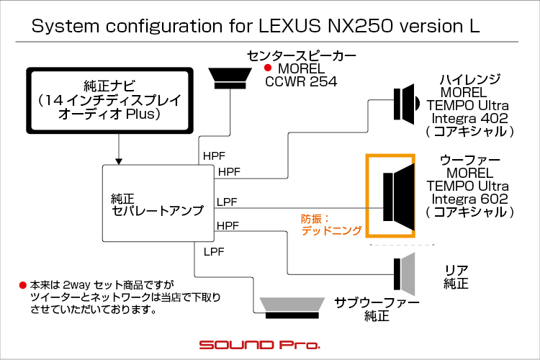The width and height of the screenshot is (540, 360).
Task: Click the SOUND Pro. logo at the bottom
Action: [x=260, y=344]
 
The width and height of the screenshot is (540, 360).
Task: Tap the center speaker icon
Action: [x=230, y=78]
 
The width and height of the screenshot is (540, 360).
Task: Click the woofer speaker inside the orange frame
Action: [x=399, y=197]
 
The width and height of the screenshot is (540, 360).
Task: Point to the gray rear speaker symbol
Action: [x=405, y=274]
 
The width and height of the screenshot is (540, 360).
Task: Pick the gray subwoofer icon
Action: [x=292, y=307]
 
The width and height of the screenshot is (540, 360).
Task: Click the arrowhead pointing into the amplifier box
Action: [x=119, y=161]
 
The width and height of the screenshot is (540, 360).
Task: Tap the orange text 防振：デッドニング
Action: [x=331, y=225]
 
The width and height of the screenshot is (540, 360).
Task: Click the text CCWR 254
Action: [x=301, y=81]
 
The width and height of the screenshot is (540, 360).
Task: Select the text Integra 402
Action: [x=469, y=118]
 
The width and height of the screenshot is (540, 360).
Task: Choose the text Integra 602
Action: [x=469, y=199]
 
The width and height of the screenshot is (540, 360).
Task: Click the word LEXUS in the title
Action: [x=289, y=26]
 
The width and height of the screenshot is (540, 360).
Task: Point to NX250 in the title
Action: [x=360, y=26]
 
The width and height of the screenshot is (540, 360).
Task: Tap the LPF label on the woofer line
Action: [x=227, y=202]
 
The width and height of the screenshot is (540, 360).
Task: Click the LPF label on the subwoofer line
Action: [x=214, y=252]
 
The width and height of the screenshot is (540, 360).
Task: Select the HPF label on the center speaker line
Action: [x=214, y=156]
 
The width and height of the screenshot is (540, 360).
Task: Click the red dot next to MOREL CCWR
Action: [x=268, y=68]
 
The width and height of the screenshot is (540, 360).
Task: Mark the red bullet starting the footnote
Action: [x=23, y=285]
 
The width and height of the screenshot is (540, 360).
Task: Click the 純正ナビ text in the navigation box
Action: [x=109, y=86]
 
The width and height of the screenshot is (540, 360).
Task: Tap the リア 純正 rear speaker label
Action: [x=456, y=276]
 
